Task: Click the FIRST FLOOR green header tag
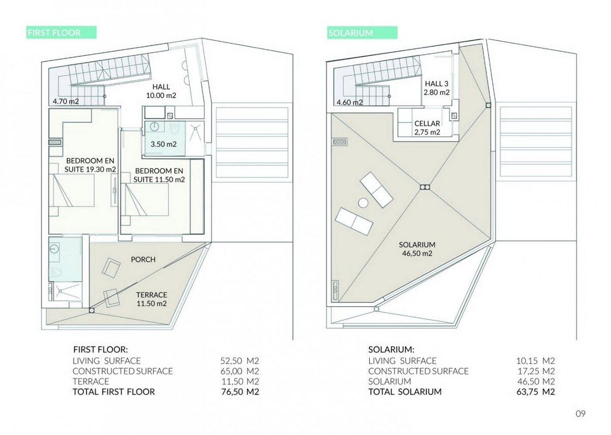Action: point(62,33)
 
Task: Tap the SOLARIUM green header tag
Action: point(362,33)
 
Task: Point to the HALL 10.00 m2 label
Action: point(161,91)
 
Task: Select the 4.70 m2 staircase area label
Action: point(66,101)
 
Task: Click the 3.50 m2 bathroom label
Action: point(163,144)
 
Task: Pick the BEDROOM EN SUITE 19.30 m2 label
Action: point(90,165)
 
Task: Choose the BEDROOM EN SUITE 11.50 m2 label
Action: point(159,175)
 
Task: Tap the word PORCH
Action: point(143,259)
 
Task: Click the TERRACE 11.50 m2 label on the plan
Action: point(152,299)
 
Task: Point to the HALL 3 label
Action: point(437,84)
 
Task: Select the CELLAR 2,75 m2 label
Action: point(427,128)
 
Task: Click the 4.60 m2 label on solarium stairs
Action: point(350,103)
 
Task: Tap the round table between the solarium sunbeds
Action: point(363,203)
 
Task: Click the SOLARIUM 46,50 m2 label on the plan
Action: point(417,249)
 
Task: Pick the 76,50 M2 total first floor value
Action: point(240,392)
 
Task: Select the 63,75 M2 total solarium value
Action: point(536,392)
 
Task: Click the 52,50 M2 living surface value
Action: point(240,361)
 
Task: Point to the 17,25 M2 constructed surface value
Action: point(536,371)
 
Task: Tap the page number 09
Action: point(580,414)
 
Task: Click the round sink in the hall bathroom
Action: point(154,126)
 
